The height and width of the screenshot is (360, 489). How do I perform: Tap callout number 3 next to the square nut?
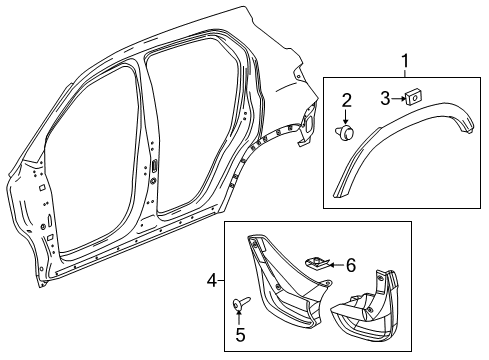tap(385, 97)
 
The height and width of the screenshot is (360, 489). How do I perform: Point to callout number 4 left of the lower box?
tap(211, 282)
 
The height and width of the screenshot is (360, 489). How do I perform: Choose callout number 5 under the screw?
tap(241, 335)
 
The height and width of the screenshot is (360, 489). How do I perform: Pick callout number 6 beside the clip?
tap(350, 265)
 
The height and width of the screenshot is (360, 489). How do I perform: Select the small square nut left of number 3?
tap(412, 97)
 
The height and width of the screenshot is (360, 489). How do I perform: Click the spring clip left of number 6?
tap(317, 264)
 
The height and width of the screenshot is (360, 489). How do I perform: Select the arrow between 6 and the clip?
tap(334, 265)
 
